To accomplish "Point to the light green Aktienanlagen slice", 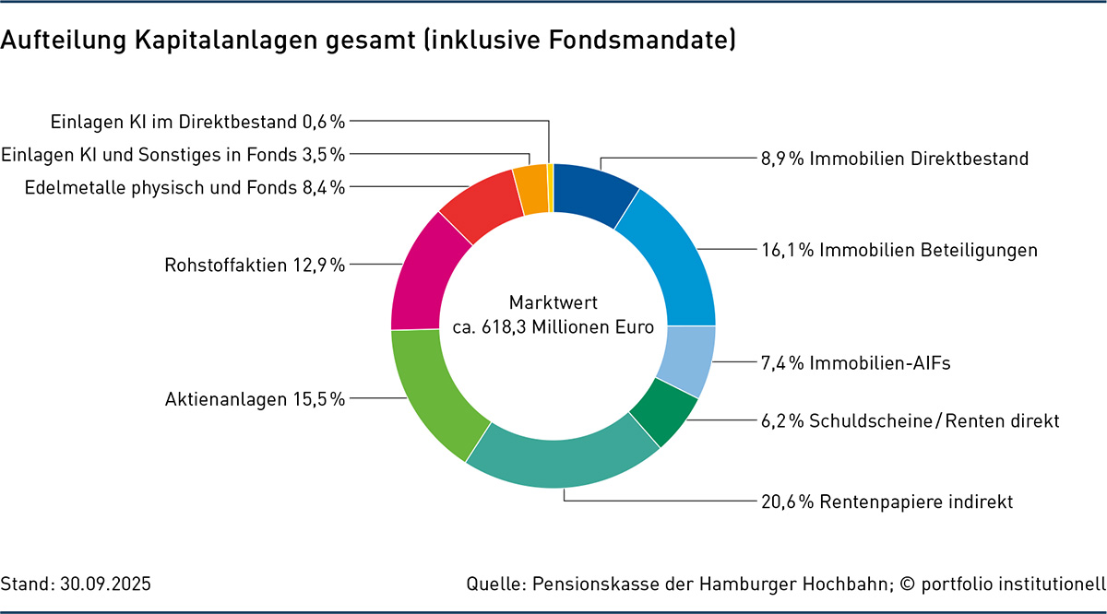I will pyautogui.click(x=432, y=392).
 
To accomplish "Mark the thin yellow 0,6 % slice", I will pyautogui.click(x=550, y=187).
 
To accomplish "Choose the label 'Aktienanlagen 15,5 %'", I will pyautogui.click(x=255, y=399).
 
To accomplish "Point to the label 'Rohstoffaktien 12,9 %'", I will pyautogui.click(x=255, y=266).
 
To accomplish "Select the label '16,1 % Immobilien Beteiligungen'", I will pyautogui.click(x=899, y=250).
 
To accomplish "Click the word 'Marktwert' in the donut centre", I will pyautogui.click(x=553, y=302).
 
